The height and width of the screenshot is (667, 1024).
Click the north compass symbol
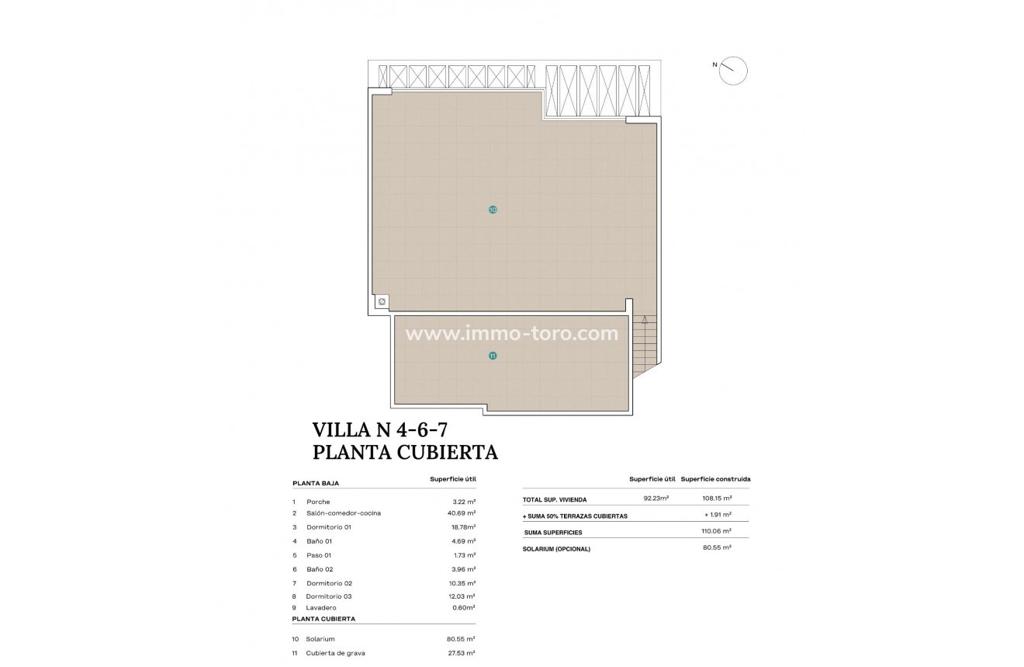coord(732,71)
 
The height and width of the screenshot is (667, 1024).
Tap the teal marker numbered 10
coord(493,210)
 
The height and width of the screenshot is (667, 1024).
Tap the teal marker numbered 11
coord(493,356)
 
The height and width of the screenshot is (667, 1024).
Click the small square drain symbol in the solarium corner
coord(381,302)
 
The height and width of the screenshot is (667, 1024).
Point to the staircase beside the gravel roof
coord(645,345)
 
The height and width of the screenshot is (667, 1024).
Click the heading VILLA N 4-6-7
coord(380,429)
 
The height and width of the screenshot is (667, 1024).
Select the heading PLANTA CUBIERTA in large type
coord(404,452)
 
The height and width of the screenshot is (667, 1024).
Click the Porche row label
coord(318,502)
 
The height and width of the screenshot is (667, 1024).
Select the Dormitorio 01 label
coord(329,527)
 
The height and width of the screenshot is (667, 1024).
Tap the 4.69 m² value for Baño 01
coord(465,541)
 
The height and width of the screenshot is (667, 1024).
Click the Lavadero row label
coord(321,607)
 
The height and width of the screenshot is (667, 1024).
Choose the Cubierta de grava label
coord(335,653)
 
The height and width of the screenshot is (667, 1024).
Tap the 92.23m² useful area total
coord(656,499)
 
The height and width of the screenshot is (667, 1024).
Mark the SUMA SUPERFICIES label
coord(553,533)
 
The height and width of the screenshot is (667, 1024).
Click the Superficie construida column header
coord(715,479)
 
